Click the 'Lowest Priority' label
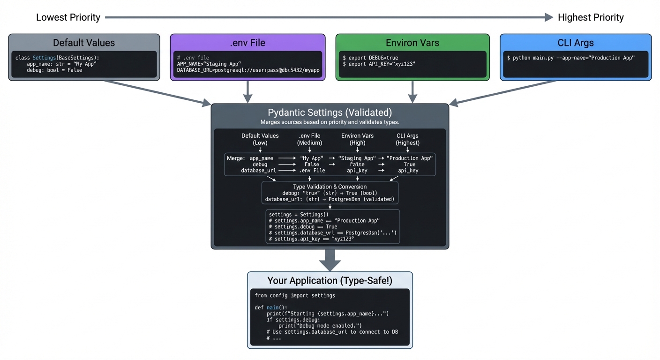68,17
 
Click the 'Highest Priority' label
591,17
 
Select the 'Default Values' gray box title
84,43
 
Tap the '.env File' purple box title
247,43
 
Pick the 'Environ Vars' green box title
412,43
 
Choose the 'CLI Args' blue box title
576,43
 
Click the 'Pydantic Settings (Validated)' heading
330,112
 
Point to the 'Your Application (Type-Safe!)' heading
330,280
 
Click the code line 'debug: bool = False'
54,70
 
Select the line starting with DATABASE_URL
248,70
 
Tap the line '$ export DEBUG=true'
370,58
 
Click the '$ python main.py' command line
570,58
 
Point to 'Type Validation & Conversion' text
330,187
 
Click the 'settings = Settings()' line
299,214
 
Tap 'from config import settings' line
295,296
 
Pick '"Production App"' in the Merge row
409,158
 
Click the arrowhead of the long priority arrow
548,17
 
